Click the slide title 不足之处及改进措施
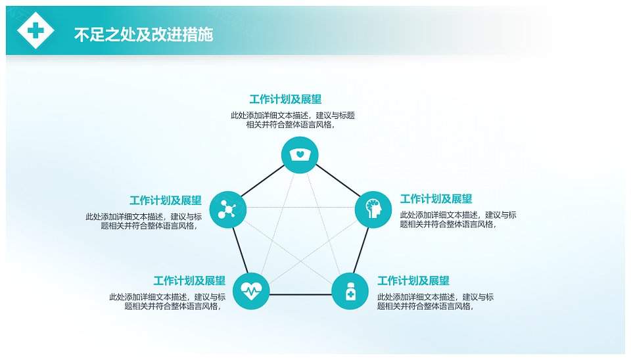[143, 35]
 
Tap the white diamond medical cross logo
[35, 31]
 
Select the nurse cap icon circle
[300, 155]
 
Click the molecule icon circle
[228, 210]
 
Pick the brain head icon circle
[373, 210]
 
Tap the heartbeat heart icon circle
[251, 291]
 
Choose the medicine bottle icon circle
[350, 291]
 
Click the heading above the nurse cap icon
[285, 99]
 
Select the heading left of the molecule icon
[166, 200]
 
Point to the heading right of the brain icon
[436, 198]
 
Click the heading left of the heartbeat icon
[189, 281]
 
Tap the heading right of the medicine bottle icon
[413, 281]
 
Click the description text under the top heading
[292, 120]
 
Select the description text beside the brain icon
[458, 219]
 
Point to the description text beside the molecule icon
[144, 221]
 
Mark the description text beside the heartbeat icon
[168, 302]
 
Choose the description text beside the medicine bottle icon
[435, 302]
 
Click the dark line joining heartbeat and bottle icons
[300, 295]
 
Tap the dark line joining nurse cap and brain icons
[338, 181]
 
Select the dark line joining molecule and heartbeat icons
[241, 250]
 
